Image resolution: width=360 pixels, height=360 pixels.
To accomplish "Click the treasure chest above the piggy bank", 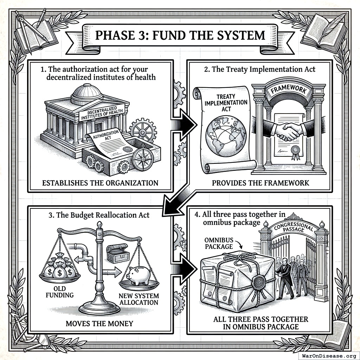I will click(x=117, y=253).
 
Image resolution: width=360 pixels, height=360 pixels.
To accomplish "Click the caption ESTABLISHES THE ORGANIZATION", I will click(x=99, y=183).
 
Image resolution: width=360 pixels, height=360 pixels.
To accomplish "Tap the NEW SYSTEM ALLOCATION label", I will click(x=139, y=299).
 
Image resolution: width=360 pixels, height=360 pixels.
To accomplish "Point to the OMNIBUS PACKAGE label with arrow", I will click(x=219, y=243).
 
